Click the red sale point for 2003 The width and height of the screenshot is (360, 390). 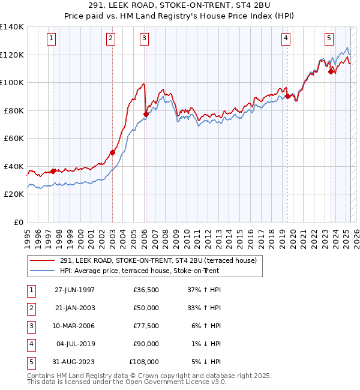point(112,152)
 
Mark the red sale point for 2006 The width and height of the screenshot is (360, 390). point(146,114)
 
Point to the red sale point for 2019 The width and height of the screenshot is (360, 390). point(287,96)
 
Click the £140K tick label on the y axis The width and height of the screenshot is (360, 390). point(12,27)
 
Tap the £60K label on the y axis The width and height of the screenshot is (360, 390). point(14,138)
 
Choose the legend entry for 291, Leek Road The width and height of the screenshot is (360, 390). point(158,260)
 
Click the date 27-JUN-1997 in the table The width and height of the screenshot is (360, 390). point(74,290)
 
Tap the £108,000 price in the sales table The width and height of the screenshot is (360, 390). point(144,362)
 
